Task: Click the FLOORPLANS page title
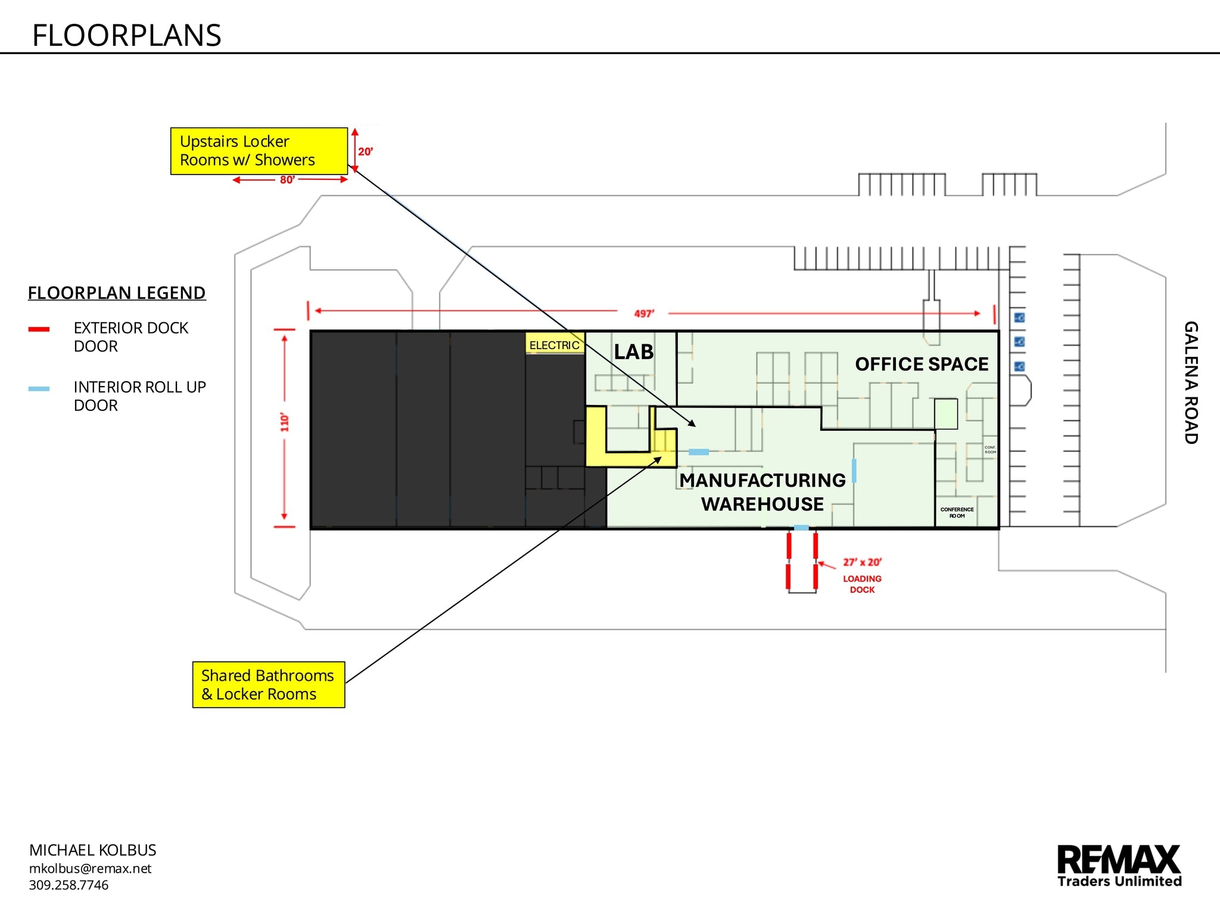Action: (126, 36)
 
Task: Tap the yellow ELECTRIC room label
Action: (554, 346)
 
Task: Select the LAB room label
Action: (634, 352)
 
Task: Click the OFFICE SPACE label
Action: (922, 364)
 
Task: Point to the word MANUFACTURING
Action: (762, 480)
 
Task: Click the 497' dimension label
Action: (643, 313)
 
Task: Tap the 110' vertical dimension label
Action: (285, 422)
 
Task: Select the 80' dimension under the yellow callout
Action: (287, 180)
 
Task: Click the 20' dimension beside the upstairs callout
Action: (365, 152)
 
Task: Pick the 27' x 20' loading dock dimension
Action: (862, 562)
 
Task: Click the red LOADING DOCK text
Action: (862, 584)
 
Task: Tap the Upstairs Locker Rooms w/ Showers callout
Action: (259, 151)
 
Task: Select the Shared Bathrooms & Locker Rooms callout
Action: (268, 684)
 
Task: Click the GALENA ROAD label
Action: (1190, 382)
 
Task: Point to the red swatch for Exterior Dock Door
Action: (39, 329)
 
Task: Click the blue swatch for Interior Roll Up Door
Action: (39, 389)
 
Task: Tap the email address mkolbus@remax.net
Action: (90, 869)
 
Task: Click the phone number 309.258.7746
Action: (69, 885)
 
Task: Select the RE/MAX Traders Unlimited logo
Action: (1119, 866)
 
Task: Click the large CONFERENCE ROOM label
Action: (957, 513)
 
